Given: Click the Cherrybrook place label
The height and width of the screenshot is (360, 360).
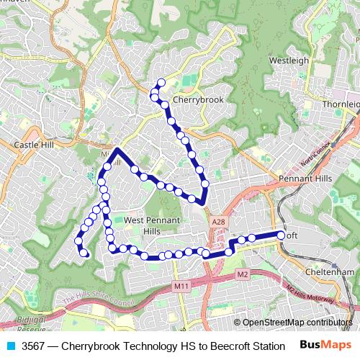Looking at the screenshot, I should pyautogui.click(x=199, y=100).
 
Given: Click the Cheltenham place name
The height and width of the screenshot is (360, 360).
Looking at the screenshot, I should pyautogui.click(x=330, y=272).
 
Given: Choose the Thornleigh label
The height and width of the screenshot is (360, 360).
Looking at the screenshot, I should pyautogui.click(x=341, y=104).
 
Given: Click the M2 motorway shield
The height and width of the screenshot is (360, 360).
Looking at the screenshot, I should pyautogui.click(x=242, y=274).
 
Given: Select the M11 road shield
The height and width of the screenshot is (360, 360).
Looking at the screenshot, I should pyautogui.click(x=181, y=287).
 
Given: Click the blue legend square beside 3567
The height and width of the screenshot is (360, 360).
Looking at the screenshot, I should pyautogui.click(x=9, y=346).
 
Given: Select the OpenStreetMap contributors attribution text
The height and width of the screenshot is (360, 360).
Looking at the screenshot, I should pyautogui.click(x=297, y=323).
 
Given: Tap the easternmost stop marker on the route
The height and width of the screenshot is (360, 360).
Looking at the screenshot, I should pyautogui.click(x=282, y=234).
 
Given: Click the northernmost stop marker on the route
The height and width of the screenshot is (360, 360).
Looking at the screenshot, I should pyautogui.click(x=161, y=83).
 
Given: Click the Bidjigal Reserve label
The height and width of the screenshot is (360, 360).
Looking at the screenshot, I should pyautogui.click(x=31, y=325).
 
